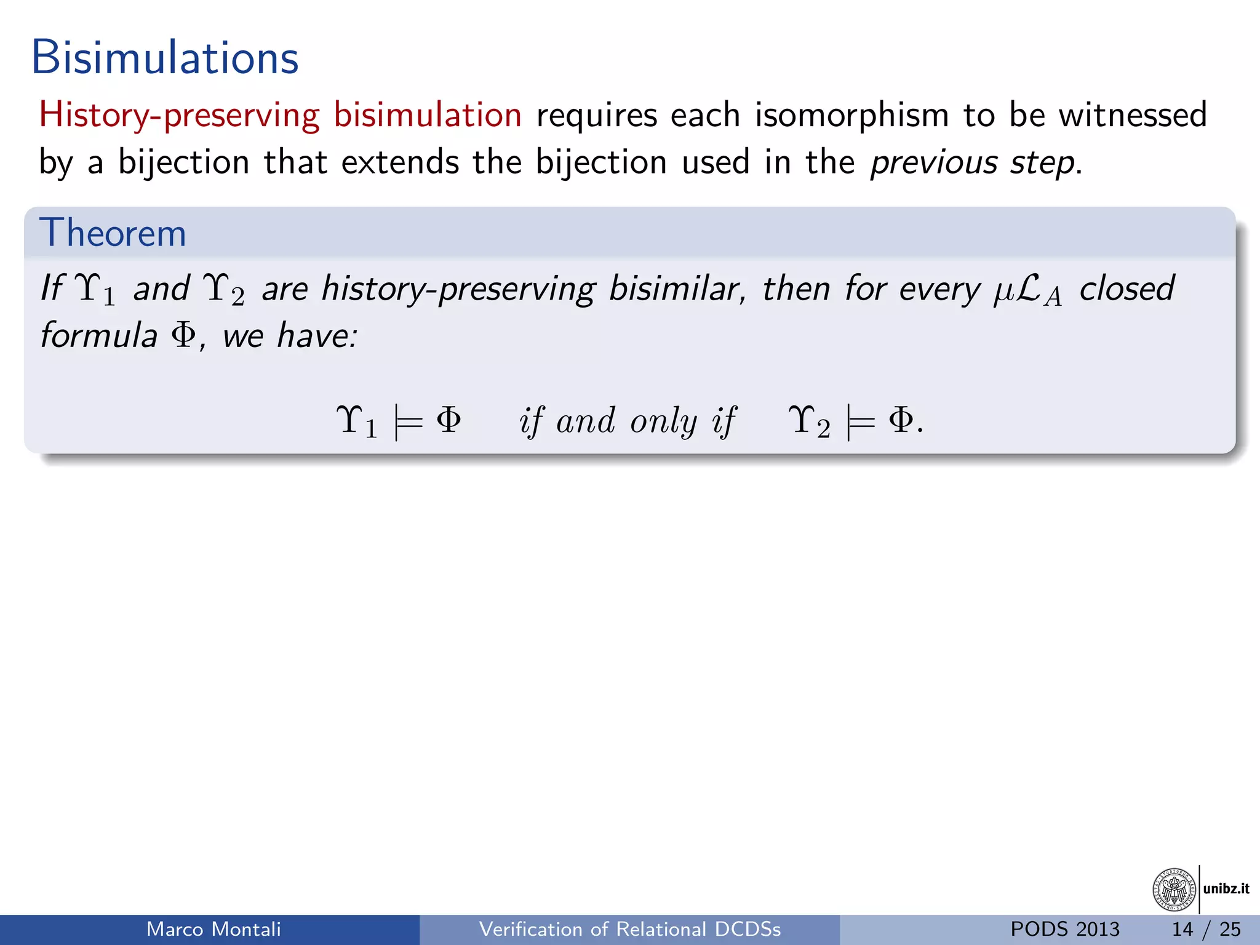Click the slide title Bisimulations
pyautogui.click(x=165, y=58)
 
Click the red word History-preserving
pyautogui.click(x=179, y=115)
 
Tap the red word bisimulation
pyautogui.click(x=428, y=115)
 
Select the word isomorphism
pyautogui.click(x=852, y=115)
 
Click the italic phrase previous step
pyautogui.click(x=972, y=162)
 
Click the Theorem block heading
pyautogui.click(x=113, y=233)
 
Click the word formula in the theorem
pyautogui.click(x=99, y=335)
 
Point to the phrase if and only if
pyautogui.click(x=628, y=421)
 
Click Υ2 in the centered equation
pyautogui.click(x=810, y=422)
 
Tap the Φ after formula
pyautogui.click(x=183, y=335)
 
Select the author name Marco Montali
pyautogui.click(x=213, y=929)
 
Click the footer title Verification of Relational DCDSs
pyautogui.click(x=630, y=929)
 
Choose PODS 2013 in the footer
pyautogui.click(x=1065, y=929)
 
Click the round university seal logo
pyautogui.click(x=1174, y=889)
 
